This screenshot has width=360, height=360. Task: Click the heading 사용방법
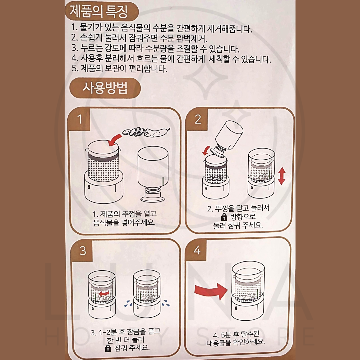(x=105, y=89)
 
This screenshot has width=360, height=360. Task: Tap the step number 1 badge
(x=79, y=119)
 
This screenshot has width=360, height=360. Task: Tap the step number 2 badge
(x=198, y=119)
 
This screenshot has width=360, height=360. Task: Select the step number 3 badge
(x=83, y=250)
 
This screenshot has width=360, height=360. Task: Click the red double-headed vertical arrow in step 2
(x=282, y=176)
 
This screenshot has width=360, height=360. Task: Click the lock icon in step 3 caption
(x=108, y=349)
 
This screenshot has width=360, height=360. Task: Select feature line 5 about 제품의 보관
(x=119, y=69)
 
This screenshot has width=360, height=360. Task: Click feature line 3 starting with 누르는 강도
(x=155, y=49)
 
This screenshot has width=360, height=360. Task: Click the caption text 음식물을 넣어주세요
(x=124, y=222)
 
